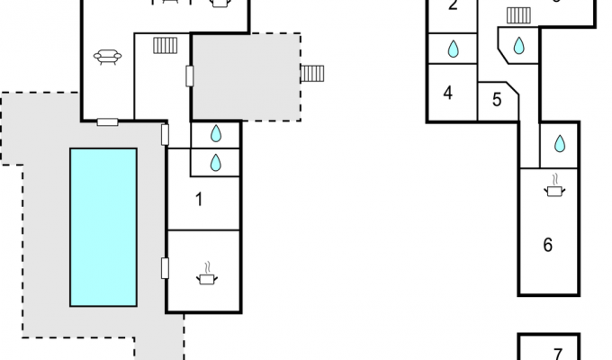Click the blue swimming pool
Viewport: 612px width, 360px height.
(x=103, y=227)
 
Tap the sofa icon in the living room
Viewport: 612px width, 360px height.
(x=107, y=57)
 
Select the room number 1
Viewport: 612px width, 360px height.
(x=199, y=200)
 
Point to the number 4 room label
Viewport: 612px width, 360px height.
(x=448, y=93)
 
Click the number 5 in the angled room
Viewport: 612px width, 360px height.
(x=497, y=100)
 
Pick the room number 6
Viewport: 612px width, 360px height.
(x=548, y=245)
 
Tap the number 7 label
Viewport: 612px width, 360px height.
(x=558, y=354)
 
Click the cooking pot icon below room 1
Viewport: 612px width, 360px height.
(x=207, y=274)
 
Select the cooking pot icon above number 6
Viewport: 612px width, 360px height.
(x=554, y=186)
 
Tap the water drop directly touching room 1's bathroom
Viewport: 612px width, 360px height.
(x=216, y=163)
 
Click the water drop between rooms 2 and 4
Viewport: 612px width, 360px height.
(x=453, y=49)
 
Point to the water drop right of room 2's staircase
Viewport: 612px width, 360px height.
(x=518, y=45)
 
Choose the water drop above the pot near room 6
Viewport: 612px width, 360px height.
(x=560, y=144)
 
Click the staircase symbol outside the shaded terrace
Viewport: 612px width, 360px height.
(x=312, y=74)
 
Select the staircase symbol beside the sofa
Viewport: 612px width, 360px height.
(x=166, y=45)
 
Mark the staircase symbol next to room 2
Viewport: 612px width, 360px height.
(x=518, y=15)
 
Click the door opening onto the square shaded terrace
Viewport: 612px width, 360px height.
(x=190, y=76)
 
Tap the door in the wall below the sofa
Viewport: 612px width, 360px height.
(x=107, y=122)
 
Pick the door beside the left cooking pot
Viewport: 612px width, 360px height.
(x=165, y=268)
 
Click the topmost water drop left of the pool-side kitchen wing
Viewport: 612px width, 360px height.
(x=216, y=134)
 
